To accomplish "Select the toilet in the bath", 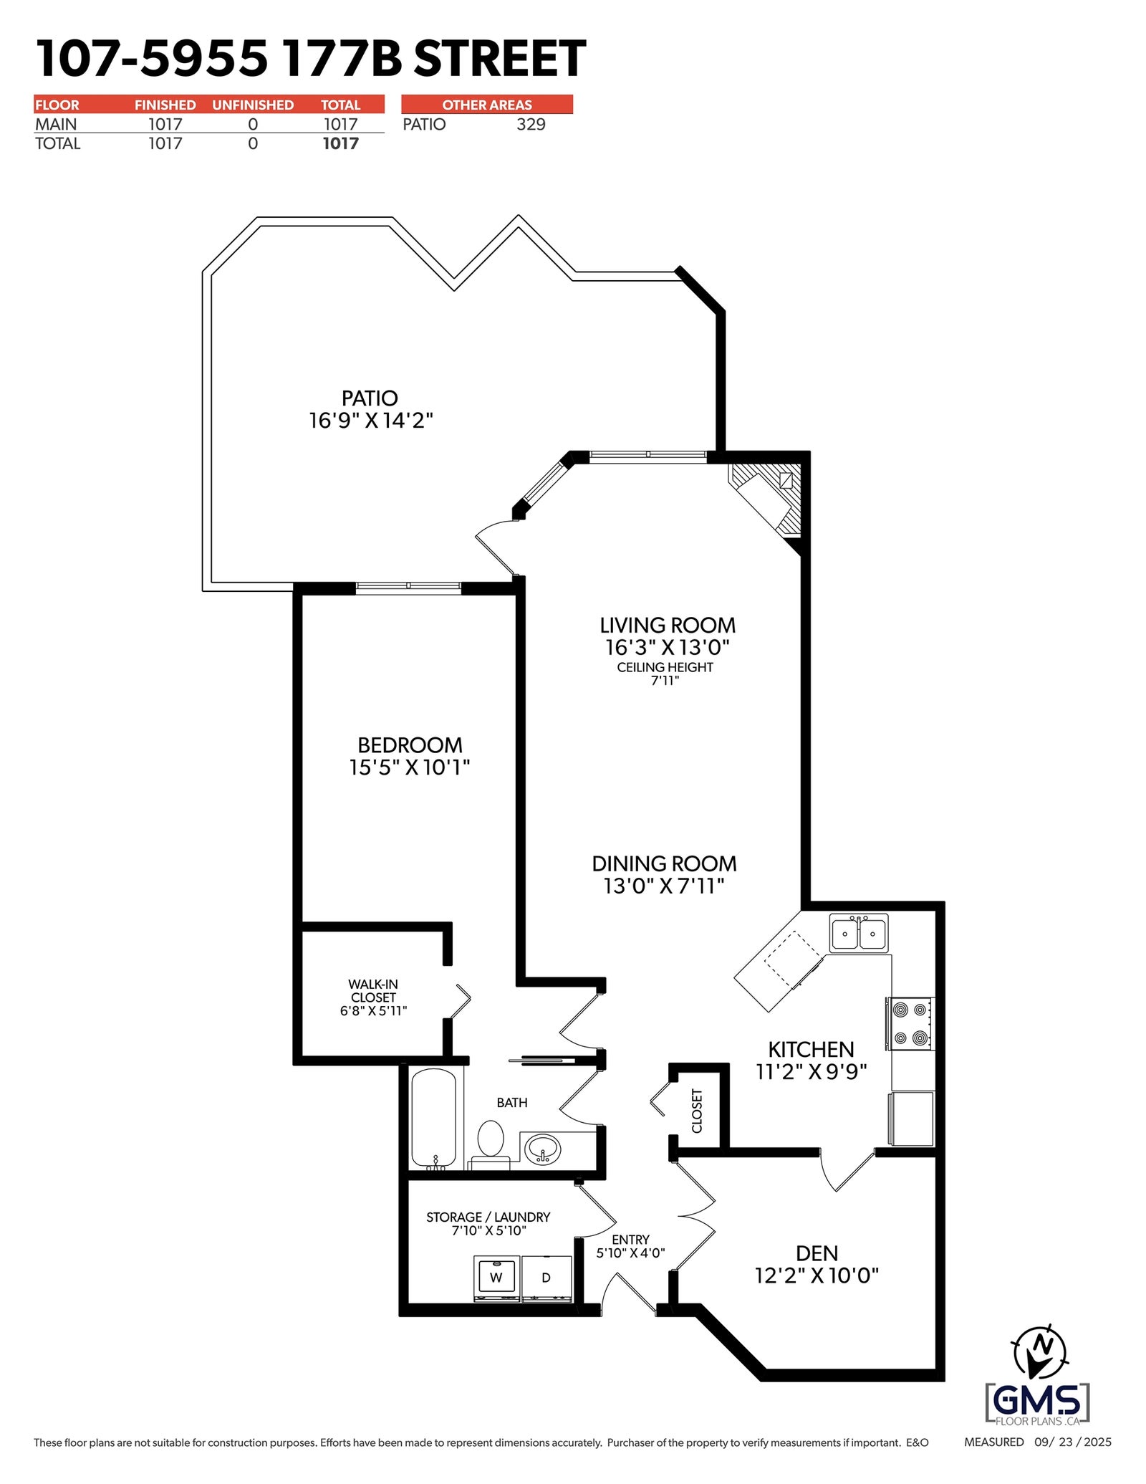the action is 491,1144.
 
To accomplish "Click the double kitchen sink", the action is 859,933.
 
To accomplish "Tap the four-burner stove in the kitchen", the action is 910,1024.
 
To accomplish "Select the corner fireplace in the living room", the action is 769,497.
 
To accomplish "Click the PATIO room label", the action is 370,398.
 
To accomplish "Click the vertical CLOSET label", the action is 697,1111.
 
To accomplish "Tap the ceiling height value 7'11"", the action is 665,681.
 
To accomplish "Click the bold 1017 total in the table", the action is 340,143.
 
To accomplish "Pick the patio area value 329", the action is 531,124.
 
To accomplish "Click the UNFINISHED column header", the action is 253,105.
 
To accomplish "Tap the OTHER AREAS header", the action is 487,105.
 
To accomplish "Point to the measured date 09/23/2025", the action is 1073,1442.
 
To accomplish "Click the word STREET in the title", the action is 500,59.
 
